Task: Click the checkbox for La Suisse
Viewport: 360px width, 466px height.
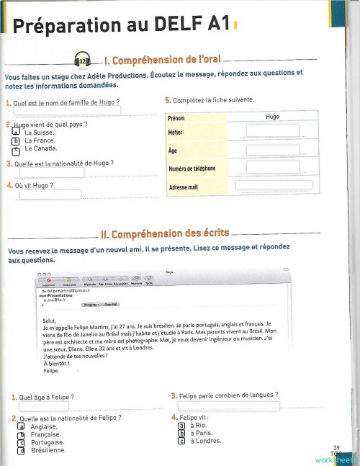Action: point(14,133)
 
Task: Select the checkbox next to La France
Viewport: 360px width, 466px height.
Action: point(14,141)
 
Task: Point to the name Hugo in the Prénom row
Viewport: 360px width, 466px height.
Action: point(271,115)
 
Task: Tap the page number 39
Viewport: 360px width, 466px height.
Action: point(336,447)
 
